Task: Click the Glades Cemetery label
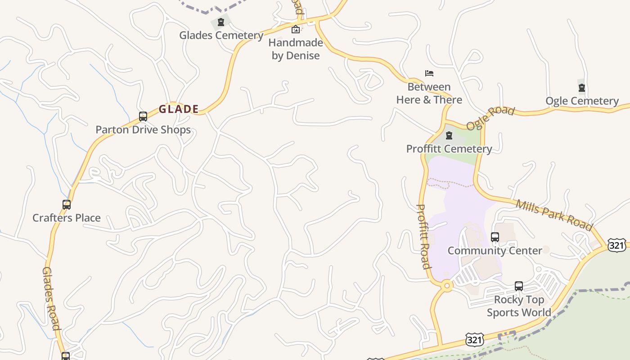point(221,35)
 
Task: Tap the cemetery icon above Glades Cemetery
point(220,22)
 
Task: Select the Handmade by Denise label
point(296,49)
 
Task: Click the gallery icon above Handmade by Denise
point(296,30)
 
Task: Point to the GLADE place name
point(179,109)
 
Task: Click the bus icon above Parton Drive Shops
point(143,117)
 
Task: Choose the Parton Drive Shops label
point(143,130)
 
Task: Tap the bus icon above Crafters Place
point(67,205)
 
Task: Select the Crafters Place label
point(67,218)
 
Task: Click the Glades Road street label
point(51,298)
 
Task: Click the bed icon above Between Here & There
point(429,73)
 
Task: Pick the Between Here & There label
point(429,93)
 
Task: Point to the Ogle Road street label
point(490,118)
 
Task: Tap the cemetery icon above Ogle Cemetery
point(582,88)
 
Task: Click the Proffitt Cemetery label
point(449,148)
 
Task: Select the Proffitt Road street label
point(423,236)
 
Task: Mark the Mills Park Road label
point(554,215)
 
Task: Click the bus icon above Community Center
point(495,237)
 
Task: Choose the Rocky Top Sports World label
point(519,306)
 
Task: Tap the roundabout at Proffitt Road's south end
point(446,285)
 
